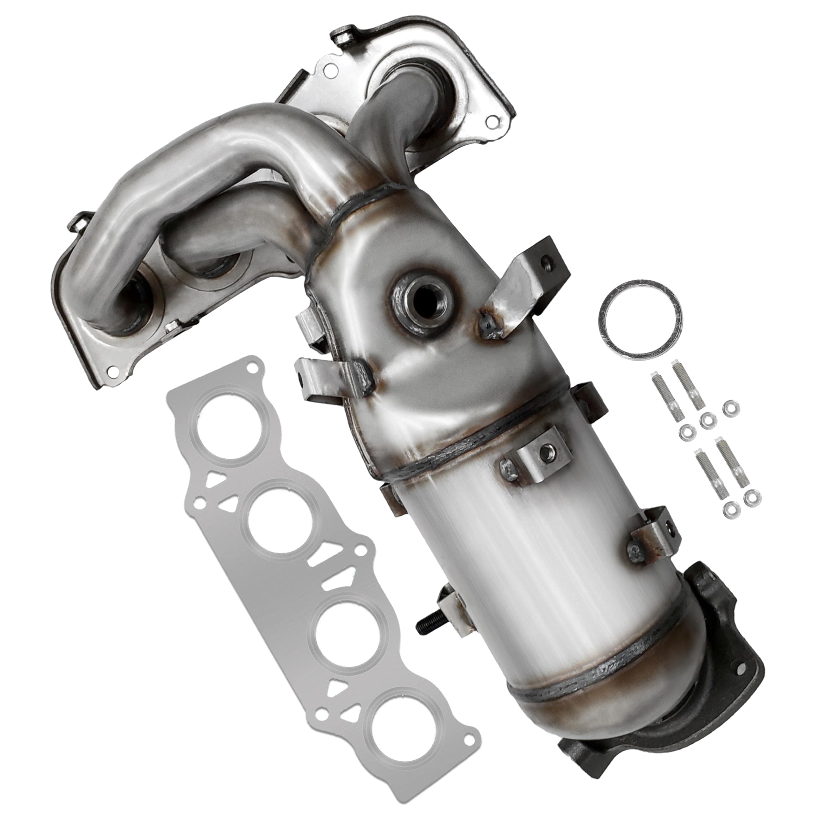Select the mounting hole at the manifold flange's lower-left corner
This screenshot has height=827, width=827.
click(x=113, y=371)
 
